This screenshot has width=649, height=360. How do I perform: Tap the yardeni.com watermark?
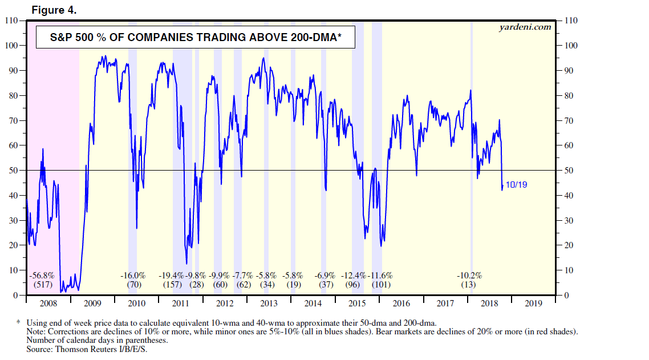pos(525,26)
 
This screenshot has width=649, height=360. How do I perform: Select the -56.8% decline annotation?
pos(42,275)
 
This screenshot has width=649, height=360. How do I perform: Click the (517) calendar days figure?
pos(42,284)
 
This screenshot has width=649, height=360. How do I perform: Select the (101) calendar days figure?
pos(381,284)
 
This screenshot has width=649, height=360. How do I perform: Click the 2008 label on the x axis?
pos(48,304)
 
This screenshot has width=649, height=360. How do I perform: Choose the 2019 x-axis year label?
pos(534,304)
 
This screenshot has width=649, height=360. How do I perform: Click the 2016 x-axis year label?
pos(401,304)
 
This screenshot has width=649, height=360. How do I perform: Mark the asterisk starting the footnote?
pos(19,322)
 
